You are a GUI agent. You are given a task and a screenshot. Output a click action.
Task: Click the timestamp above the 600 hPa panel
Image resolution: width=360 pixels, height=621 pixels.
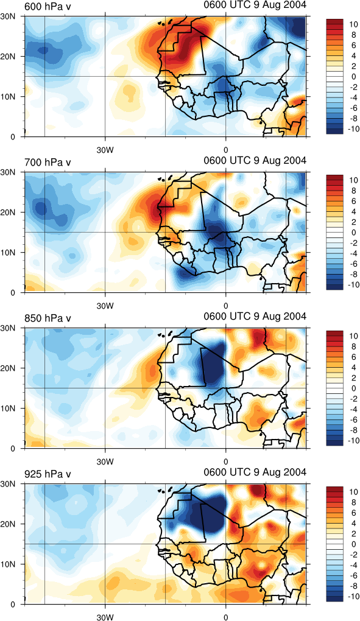pos(255,5)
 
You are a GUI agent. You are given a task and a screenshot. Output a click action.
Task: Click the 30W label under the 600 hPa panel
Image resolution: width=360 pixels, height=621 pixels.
pos(105,150)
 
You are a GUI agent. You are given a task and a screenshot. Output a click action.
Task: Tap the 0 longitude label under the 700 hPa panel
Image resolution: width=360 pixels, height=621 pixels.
pos(226,306)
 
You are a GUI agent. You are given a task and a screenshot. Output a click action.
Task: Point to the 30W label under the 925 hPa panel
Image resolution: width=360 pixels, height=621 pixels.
pos(105,618)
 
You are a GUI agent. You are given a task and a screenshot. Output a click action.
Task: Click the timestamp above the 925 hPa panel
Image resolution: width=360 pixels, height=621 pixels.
pos(255,472)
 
